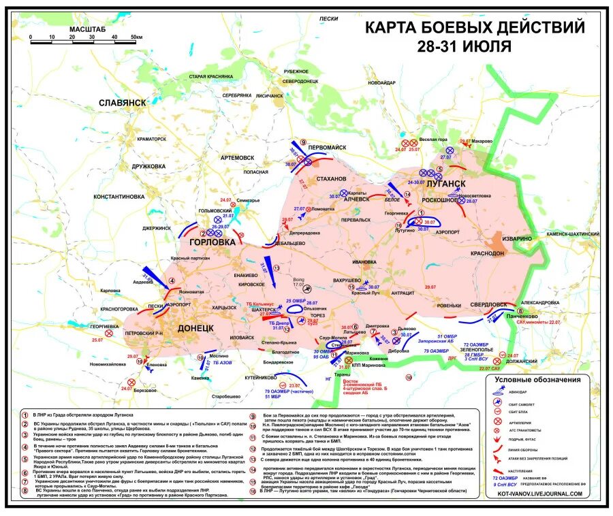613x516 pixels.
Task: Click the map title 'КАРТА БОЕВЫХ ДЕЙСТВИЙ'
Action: (475, 28)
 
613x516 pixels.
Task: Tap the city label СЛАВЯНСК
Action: (123, 102)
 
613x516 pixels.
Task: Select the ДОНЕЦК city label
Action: (195, 328)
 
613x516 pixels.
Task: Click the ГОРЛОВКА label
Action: (213, 242)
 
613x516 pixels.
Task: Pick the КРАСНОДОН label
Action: (487, 252)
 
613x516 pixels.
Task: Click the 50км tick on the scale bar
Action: (136, 37)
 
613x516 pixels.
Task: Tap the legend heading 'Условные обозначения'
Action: (537, 380)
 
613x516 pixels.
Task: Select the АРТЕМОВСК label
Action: (237, 157)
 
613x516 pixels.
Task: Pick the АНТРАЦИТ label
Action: (403, 293)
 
